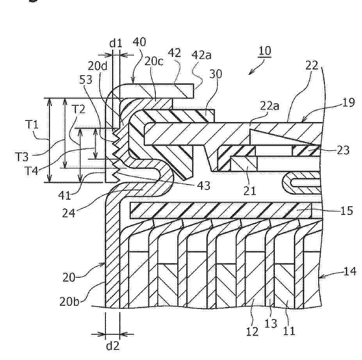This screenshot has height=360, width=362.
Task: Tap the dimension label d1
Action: [116, 43]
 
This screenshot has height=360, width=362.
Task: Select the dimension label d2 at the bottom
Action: [113, 346]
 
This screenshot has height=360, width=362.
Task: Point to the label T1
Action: [32, 125]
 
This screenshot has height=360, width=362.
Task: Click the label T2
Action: [79, 109]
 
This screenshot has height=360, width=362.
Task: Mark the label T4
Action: [31, 171]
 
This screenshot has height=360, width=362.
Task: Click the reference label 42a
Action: [202, 55]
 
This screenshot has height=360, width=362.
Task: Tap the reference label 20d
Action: [98, 66]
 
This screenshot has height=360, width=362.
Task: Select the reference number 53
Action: [86, 80]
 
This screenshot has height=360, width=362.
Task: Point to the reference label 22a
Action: [269, 106]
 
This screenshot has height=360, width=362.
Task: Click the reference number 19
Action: [348, 103]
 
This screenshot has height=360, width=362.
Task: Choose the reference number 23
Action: [344, 150]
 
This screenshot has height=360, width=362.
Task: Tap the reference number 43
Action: [203, 185]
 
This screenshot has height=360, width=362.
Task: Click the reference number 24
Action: [69, 213]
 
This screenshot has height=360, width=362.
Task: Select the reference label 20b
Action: [69, 301]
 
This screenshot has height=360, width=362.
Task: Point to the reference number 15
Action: [347, 211]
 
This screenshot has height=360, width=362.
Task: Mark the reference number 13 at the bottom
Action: [271, 323]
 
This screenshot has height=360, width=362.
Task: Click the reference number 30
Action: [216, 74]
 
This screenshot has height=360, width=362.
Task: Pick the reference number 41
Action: [64, 195]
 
